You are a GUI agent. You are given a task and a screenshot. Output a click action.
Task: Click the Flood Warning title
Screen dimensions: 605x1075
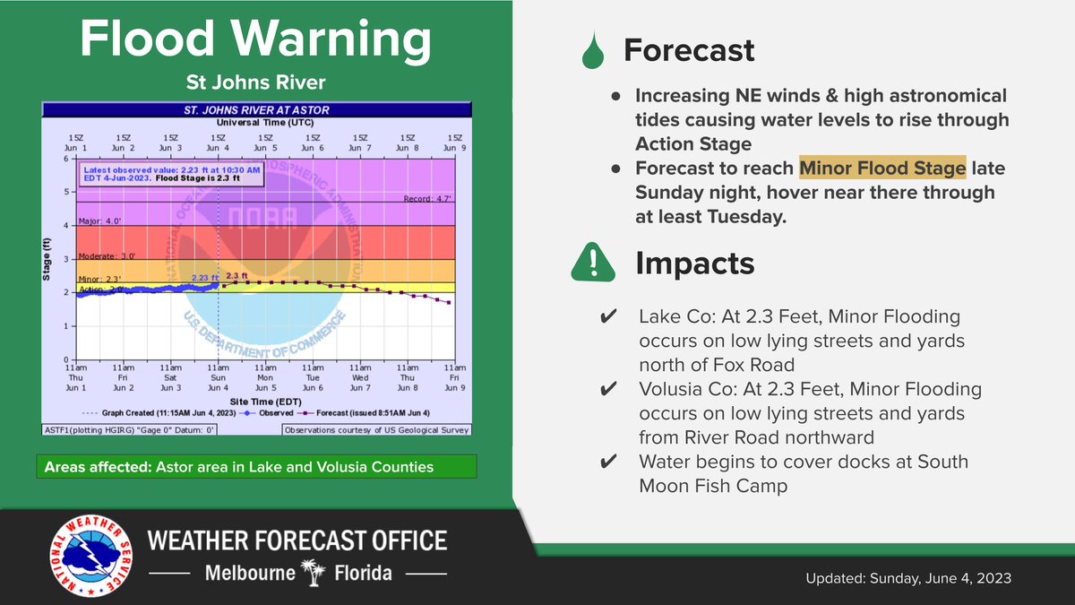tap(255, 40)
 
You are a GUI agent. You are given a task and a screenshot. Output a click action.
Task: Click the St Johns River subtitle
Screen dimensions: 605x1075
tap(255, 83)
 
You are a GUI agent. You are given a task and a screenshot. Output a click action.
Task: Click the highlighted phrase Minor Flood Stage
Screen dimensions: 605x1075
tap(882, 168)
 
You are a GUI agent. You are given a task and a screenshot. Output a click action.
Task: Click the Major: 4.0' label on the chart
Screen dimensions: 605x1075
tap(98, 220)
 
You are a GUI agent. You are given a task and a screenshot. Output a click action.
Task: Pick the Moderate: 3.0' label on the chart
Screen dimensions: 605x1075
tap(104, 255)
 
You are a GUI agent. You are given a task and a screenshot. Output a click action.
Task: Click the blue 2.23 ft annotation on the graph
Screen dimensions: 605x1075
tap(204, 278)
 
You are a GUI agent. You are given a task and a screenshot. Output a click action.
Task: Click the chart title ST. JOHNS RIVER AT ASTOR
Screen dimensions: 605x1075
tap(256, 109)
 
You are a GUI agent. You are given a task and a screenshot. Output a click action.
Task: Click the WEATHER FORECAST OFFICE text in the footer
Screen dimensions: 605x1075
tap(297, 541)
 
